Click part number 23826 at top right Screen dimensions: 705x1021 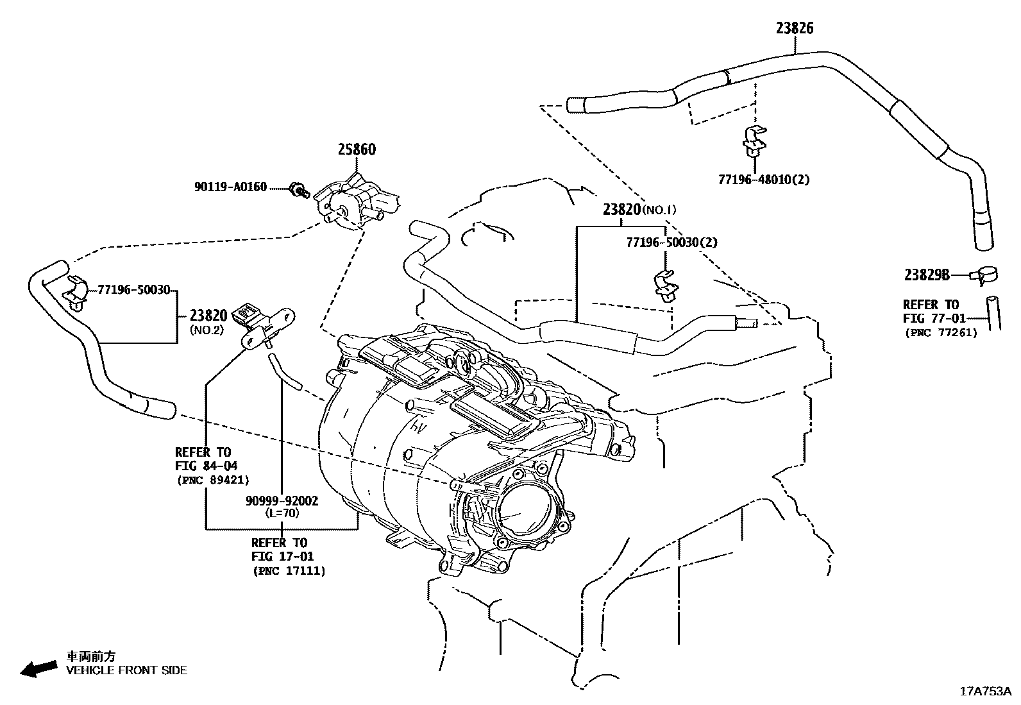pyautogui.click(x=795, y=28)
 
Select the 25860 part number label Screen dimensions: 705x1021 pyautogui.click(x=357, y=150)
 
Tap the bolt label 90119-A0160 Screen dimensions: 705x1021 pyautogui.click(x=230, y=187)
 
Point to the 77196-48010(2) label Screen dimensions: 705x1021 pyautogui.click(x=763, y=180)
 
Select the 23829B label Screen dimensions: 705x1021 pyautogui.click(x=927, y=275)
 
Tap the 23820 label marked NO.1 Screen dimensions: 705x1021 pyautogui.click(x=621, y=209)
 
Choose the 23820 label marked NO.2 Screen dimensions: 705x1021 pyautogui.click(x=208, y=315)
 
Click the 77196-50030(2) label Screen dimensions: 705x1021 pyautogui.click(x=671, y=242)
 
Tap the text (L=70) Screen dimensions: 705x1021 pyautogui.click(x=282, y=513)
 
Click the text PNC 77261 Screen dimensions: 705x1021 pyautogui.click(x=940, y=332)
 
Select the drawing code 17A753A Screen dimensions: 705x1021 pyautogui.click(x=985, y=691)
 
